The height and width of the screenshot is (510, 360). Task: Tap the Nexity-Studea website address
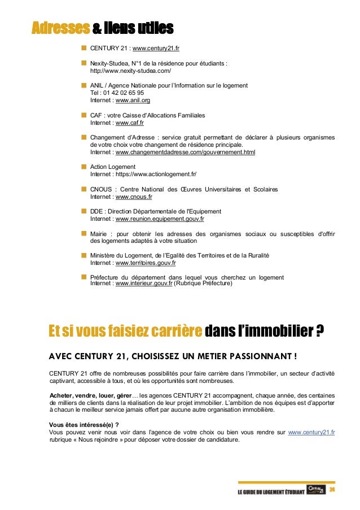(x=130, y=72)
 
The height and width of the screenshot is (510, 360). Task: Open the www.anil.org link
(x=133, y=101)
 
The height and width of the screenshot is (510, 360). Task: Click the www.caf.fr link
(x=130, y=123)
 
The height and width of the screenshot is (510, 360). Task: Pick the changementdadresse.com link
(x=185, y=152)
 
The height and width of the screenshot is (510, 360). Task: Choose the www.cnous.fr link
(x=134, y=197)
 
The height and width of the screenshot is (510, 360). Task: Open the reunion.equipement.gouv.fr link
(x=160, y=219)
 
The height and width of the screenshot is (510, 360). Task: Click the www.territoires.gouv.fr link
(x=146, y=263)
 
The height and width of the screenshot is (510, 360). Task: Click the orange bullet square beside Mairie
(x=84, y=233)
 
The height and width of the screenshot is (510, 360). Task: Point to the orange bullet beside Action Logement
(x=84, y=167)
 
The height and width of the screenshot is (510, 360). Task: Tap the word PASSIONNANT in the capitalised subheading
(x=256, y=356)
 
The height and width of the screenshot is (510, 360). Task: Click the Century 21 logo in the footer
(x=317, y=489)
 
